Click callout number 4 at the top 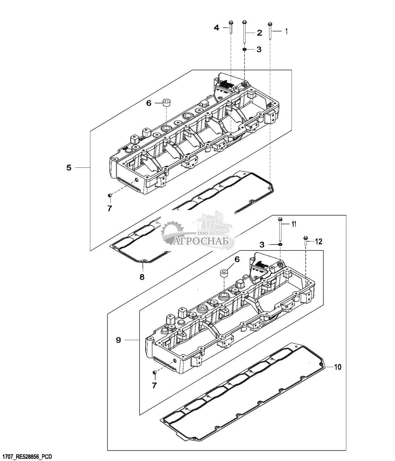[x=216, y=28]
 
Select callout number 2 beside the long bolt [x=259, y=33]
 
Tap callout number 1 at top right [x=286, y=31]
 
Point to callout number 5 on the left [x=69, y=167]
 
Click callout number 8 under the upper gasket [x=142, y=277]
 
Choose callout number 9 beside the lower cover [x=118, y=346]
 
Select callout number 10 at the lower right [x=338, y=367]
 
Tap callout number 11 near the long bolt [x=294, y=224]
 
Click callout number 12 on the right [x=319, y=241]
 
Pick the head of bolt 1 [x=270, y=24]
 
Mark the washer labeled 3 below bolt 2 [x=245, y=49]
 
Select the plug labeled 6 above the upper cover [x=167, y=103]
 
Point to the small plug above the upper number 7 [x=109, y=195]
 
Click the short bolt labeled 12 [x=305, y=240]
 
